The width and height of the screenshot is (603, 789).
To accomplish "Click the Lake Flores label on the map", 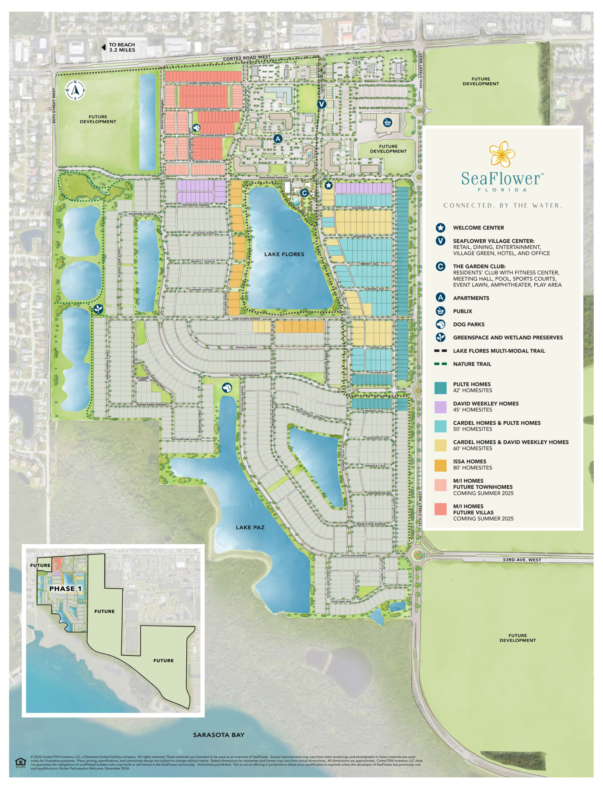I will [x=284, y=254].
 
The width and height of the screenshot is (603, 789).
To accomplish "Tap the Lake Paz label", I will [x=250, y=527].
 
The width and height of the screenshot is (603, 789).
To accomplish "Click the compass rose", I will [x=75, y=90].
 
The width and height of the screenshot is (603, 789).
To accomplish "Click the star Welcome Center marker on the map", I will [x=328, y=185].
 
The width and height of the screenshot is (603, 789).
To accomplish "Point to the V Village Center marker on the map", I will [x=322, y=104].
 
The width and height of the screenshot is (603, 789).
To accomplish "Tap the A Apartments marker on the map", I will [x=277, y=139].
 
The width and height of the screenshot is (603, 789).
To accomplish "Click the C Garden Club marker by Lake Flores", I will [x=304, y=193].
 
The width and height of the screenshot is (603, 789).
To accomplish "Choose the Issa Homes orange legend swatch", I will [x=440, y=465].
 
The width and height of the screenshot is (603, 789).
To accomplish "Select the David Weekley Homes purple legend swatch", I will [x=440, y=407].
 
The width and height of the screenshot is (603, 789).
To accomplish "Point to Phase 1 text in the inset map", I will [x=65, y=589].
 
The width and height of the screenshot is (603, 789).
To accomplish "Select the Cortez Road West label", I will [x=247, y=58].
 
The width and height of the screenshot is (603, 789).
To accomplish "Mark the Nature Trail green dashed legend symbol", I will [x=440, y=364].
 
